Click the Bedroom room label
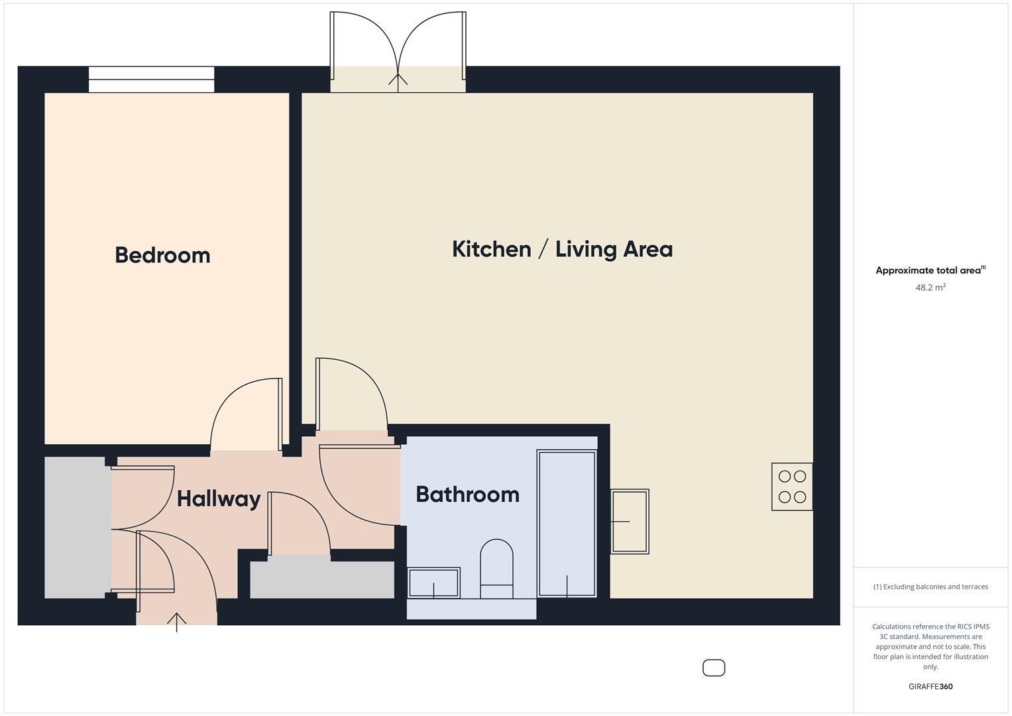click(x=162, y=255)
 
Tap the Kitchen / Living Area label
click(x=562, y=249)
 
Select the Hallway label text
click(x=218, y=499)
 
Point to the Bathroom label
click(x=467, y=495)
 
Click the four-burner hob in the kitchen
click(x=792, y=487)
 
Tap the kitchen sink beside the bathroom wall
click(x=629, y=522)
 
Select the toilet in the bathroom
click(x=496, y=569)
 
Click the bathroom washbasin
click(x=434, y=583)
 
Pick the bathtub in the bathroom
click(x=567, y=524)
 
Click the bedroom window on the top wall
click(x=152, y=80)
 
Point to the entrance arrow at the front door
click(x=176, y=622)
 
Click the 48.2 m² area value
click(x=930, y=288)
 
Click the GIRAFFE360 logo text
click(x=930, y=686)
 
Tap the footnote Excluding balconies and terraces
click(x=930, y=587)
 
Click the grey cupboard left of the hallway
click(x=77, y=527)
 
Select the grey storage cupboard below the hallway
click(x=321, y=579)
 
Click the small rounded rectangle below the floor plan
click(x=714, y=668)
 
